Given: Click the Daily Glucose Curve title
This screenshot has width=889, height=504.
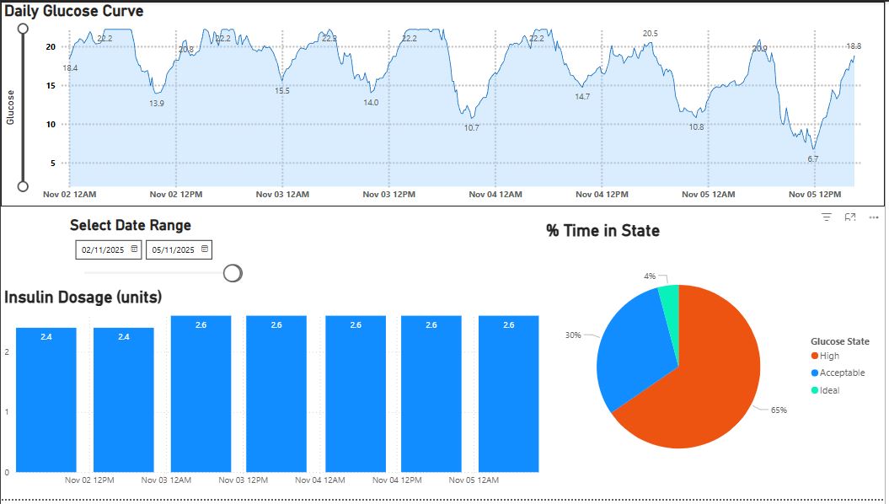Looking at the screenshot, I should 74,12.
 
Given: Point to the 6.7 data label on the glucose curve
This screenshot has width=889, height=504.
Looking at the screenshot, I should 812,158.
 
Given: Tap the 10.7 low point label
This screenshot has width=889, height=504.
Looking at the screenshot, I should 471,128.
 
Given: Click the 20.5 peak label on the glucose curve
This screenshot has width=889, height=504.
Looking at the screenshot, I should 650,34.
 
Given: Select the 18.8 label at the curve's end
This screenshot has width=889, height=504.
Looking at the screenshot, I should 853,46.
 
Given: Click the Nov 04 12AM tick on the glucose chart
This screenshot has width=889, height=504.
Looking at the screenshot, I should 495,195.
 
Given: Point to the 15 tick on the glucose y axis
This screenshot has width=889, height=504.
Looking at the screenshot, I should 51,85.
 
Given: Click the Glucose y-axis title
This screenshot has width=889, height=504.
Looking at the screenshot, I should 11,107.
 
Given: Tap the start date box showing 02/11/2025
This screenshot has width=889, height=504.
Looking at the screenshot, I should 102,250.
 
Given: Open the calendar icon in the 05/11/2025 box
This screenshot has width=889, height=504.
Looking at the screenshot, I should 205,249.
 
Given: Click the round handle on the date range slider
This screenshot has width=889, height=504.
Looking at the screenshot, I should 233,273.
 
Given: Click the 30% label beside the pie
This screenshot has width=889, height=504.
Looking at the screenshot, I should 572,335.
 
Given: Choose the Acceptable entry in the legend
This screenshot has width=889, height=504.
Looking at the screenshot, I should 842,373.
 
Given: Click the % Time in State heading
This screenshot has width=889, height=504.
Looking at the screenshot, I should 602,231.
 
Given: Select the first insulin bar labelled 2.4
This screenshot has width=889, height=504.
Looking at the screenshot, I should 46,400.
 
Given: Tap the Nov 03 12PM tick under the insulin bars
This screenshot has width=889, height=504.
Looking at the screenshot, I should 244,480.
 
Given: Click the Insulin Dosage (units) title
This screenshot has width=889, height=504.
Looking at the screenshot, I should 83,298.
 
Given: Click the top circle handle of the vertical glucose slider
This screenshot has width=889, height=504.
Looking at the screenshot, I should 23,29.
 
